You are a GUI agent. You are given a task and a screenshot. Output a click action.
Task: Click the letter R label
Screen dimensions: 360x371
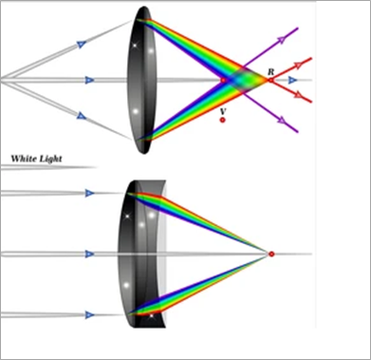click(271, 71)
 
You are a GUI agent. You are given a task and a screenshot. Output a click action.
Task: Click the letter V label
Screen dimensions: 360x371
click(223, 110)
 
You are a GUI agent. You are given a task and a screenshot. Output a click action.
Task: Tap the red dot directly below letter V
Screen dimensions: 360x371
click(222, 121)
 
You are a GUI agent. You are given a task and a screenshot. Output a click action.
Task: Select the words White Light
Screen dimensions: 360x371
click(37, 159)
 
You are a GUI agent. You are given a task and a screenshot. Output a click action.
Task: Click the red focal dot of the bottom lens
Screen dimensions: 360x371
click(271, 254)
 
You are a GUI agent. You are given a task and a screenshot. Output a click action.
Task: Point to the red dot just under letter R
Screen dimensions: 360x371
click(270, 81)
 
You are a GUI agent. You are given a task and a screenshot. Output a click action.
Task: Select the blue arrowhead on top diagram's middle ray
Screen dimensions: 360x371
click(89, 80)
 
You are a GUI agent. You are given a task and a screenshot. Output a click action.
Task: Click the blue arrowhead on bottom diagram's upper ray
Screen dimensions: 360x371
click(90, 193)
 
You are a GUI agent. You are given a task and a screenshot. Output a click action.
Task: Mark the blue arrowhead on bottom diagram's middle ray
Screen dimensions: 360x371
click(90, 254)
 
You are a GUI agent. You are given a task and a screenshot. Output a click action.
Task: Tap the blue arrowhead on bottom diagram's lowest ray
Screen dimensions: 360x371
click(90, 314)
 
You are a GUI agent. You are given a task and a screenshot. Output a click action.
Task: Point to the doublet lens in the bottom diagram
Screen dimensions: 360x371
click(142, 254)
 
